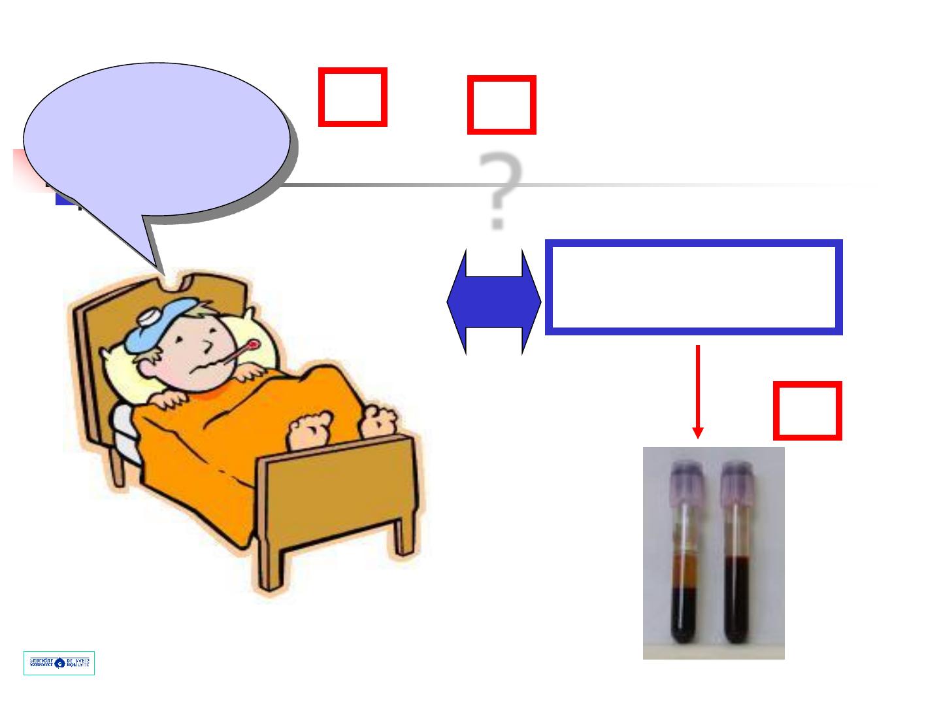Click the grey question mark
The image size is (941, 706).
499,190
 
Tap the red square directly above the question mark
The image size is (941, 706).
501,105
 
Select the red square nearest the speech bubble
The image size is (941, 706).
352,97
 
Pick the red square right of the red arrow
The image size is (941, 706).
807,411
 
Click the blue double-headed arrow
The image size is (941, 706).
494,301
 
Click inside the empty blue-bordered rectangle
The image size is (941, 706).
693,288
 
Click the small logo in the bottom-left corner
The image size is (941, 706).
59,663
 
